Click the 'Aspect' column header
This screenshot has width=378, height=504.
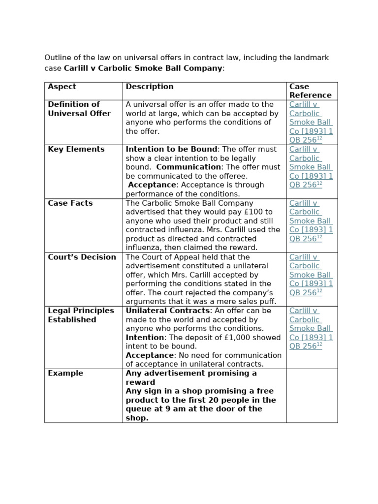[x=62, y=87]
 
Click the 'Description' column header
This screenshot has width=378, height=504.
[x=150, y=87]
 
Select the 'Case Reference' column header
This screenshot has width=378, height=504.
[x=310, y=91]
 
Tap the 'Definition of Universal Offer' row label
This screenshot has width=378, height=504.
[x=79, y=109]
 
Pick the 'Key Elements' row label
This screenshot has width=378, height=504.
[x=76, y=149]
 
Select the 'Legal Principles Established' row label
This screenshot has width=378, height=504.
[x=81, y=315]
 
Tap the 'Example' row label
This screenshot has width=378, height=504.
[x=65, y=373]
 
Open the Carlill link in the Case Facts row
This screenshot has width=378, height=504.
[x=311, y=221]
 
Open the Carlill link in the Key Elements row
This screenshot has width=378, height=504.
[x=311, y=167]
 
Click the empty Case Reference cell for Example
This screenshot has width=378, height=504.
[x=312, y=395]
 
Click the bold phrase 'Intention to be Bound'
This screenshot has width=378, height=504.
[x=171, y=149]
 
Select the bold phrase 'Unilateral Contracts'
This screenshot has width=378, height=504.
[x=167, y=311]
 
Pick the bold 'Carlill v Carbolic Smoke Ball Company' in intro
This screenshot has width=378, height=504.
[x=143, y=68]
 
